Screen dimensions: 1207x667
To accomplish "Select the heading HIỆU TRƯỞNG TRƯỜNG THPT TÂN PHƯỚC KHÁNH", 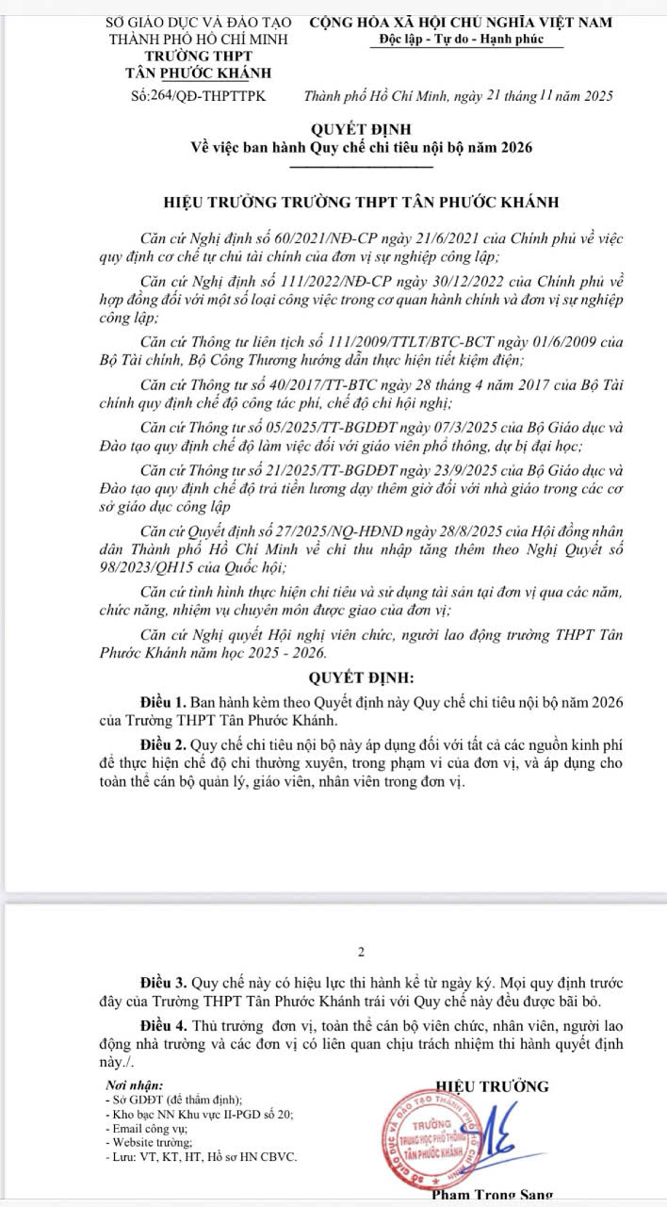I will [362, 202].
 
